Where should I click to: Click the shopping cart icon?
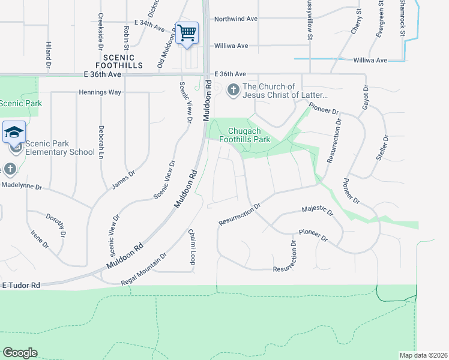pos(187,32)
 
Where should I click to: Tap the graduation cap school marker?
pos(13,132)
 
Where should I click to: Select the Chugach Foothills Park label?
pos(249,135)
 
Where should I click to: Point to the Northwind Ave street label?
pos(236,19)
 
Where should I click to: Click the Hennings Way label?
pos(100,92)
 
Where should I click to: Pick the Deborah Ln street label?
pos(100,140)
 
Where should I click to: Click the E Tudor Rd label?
pos(21,285)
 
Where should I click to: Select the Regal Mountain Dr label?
pos(139,266)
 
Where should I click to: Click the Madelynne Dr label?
pos(22,187)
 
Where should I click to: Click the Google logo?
pos(20,353)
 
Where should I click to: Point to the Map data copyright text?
pos(423,355)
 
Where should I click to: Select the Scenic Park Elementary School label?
pos(60,148)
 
